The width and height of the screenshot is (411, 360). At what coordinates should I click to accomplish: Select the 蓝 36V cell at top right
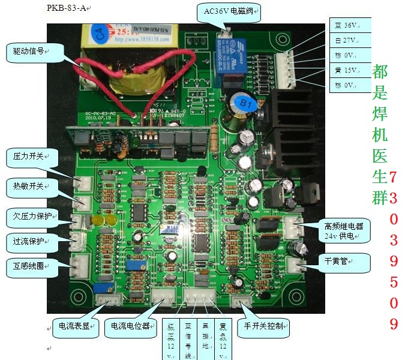(x=350, y=25)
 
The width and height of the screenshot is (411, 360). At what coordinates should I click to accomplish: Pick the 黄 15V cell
(x=350, y=70)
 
